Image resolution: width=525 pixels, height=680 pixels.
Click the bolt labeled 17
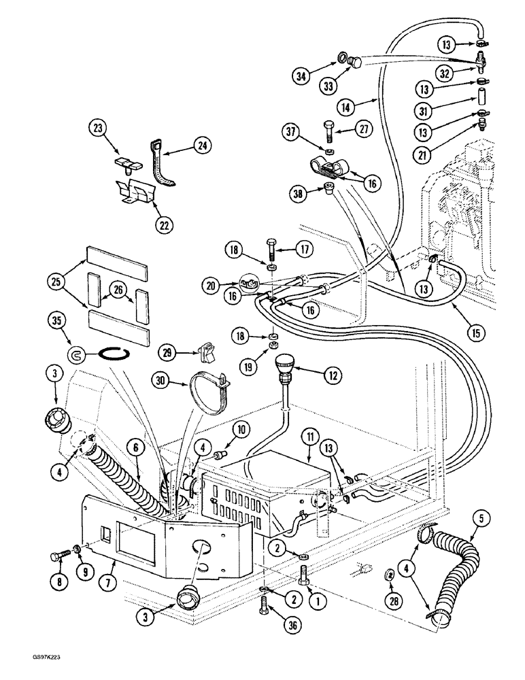click(x=272, y=250)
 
